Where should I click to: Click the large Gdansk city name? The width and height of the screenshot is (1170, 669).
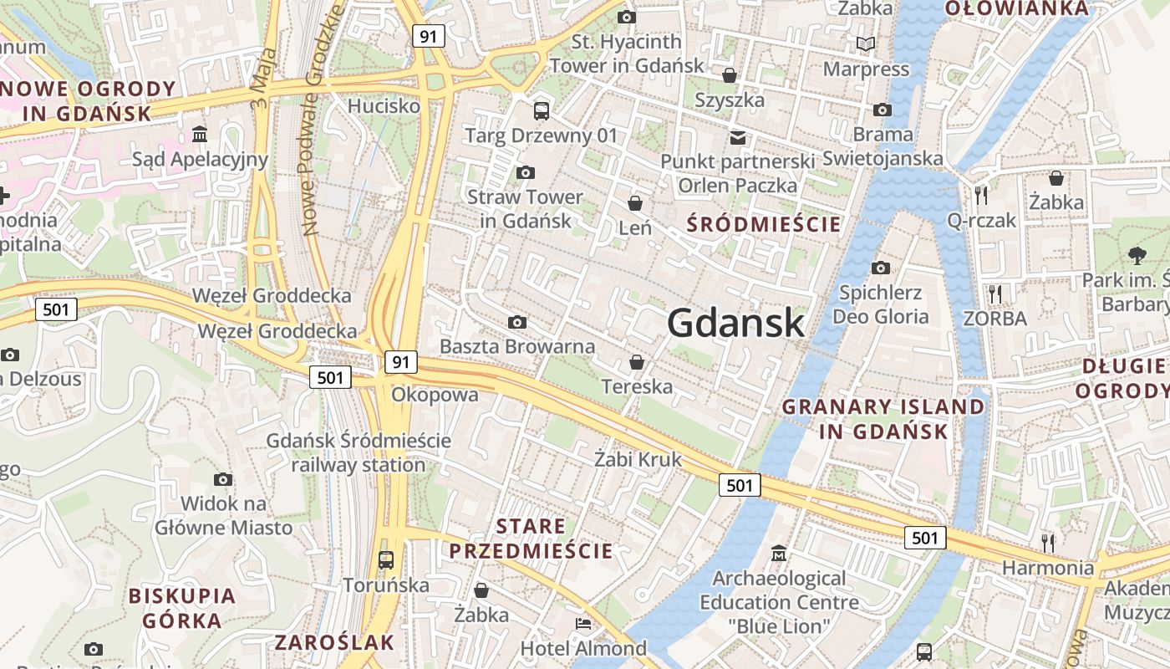[736, 323]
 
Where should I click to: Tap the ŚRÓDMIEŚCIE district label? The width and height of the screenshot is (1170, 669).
[763, 224]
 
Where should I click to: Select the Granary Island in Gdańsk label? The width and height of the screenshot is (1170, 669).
[883, 419]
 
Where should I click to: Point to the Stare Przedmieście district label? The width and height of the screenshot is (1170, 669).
[532, 539]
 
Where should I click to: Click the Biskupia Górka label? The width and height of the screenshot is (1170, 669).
[182, 608]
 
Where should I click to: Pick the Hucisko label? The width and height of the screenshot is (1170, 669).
[384, 106]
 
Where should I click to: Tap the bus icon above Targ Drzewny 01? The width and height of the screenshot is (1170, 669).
[542, 110]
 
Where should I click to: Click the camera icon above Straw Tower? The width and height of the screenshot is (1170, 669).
[525, 173]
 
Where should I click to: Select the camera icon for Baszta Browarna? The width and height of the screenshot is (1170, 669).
[517, 323]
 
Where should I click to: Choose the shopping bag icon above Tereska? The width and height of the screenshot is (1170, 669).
[637, 362]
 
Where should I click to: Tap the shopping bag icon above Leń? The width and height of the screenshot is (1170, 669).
[635, 203]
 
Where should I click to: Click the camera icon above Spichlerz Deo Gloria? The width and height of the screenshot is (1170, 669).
[881, 268]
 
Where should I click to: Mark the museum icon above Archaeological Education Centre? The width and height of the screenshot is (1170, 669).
[779, 554]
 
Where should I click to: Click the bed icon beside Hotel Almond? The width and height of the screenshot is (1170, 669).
[583, 624]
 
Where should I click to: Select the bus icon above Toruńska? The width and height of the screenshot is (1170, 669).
[385, 559]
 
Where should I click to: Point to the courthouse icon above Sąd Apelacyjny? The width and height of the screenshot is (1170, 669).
[200, 134]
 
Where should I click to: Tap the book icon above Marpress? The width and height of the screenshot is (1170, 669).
[866, 43]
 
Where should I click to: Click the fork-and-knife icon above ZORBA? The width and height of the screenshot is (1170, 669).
[994, 294]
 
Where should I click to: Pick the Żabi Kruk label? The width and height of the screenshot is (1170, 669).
[638, 459]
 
